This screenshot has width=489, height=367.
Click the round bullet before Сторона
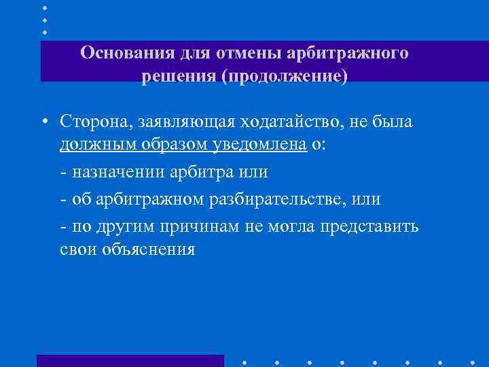[x=43, y=122]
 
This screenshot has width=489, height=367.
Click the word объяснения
[x=143, y=250]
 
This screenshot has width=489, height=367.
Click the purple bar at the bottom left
[x=130, y=360]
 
